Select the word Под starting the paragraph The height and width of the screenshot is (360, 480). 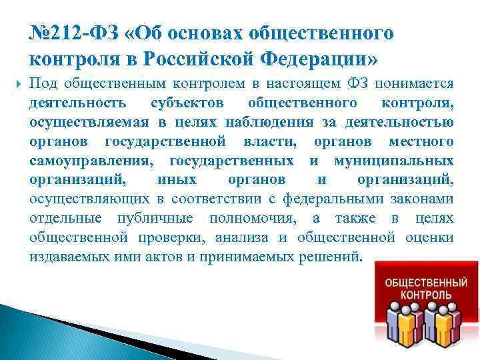coord(43,84)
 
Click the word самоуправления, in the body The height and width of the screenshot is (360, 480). coord(90,161)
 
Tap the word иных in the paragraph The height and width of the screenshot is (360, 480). coord(178,180)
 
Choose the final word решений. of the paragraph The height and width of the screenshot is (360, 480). coord(329,257)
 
